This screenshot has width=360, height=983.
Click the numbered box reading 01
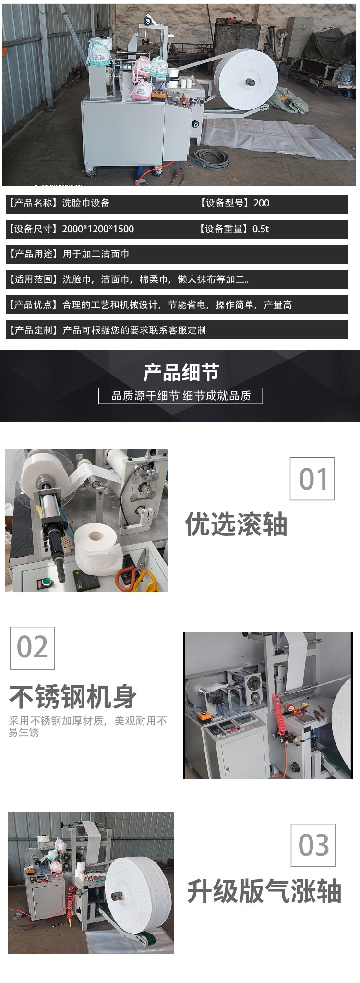312,478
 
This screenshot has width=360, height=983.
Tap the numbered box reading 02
32,648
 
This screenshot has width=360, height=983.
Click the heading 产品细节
181,373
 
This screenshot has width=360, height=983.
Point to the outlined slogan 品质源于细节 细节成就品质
180,396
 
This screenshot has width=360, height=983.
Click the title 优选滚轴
236,524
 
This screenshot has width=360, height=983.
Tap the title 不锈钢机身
73,697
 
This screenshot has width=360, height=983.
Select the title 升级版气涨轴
264,891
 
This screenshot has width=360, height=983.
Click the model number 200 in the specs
261,203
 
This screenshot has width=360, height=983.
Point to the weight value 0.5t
261,229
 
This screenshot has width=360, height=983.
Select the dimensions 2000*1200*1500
98,229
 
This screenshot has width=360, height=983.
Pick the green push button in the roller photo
48,582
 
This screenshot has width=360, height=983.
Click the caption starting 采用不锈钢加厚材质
88,726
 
